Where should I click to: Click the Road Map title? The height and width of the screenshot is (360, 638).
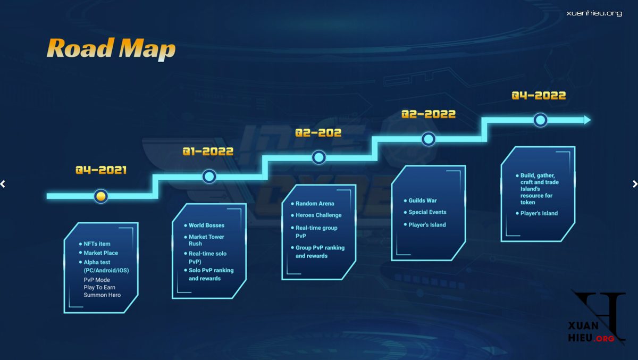111,49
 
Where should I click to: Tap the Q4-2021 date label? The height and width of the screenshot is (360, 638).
101,170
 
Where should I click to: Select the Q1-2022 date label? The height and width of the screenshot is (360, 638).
208,151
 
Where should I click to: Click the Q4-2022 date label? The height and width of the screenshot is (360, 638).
539,95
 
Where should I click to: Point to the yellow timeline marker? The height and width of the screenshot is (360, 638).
101,196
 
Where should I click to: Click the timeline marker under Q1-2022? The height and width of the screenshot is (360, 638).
209,177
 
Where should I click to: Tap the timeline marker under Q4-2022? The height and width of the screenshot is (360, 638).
540,120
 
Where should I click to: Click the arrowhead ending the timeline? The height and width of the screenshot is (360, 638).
587,120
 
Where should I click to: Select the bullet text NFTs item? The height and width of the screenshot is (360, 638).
97,244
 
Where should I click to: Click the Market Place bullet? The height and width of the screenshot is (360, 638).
100,253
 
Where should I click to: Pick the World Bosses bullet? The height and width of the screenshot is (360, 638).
206,225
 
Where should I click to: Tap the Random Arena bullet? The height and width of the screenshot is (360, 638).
315,204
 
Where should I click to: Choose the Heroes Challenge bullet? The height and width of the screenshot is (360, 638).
318,215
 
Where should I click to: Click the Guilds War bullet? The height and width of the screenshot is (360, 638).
422,200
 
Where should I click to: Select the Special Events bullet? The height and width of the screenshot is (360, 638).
427,212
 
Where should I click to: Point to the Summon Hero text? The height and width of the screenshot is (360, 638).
102,295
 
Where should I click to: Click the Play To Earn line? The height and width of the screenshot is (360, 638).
99,287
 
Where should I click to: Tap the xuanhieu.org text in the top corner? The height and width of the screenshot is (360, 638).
594,13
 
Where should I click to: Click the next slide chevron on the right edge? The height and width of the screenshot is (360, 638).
635,184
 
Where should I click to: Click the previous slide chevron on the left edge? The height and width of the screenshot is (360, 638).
3,184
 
